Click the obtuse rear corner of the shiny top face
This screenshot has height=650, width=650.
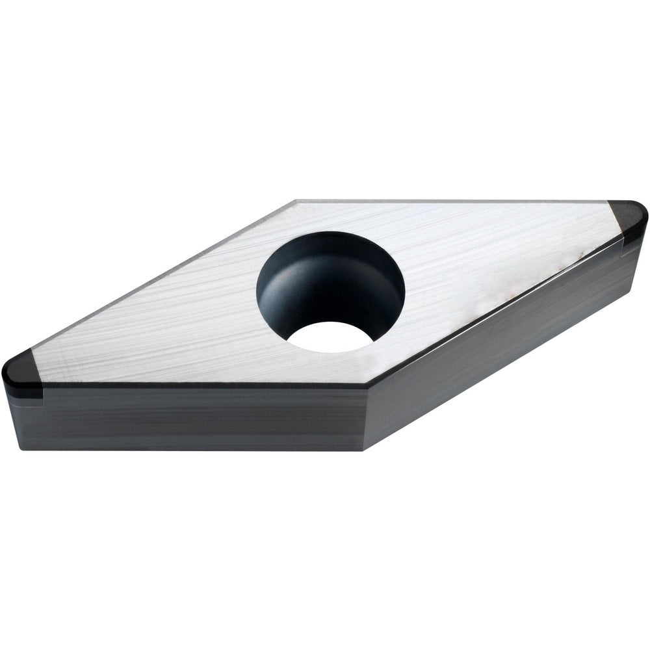pos(296,202)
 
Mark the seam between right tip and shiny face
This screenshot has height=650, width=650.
pos(614,218)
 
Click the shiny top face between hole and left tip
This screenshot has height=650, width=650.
pos(162,331)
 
